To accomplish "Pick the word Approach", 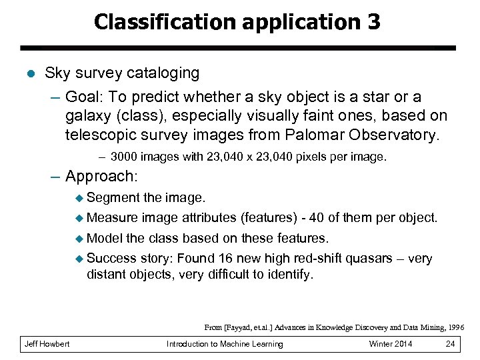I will click(99, 177).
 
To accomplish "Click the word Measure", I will click(112, 218).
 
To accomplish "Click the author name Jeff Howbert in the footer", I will click(47, 344).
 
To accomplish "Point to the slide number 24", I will click(450, 344).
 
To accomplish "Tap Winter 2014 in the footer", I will click(390, 344).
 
